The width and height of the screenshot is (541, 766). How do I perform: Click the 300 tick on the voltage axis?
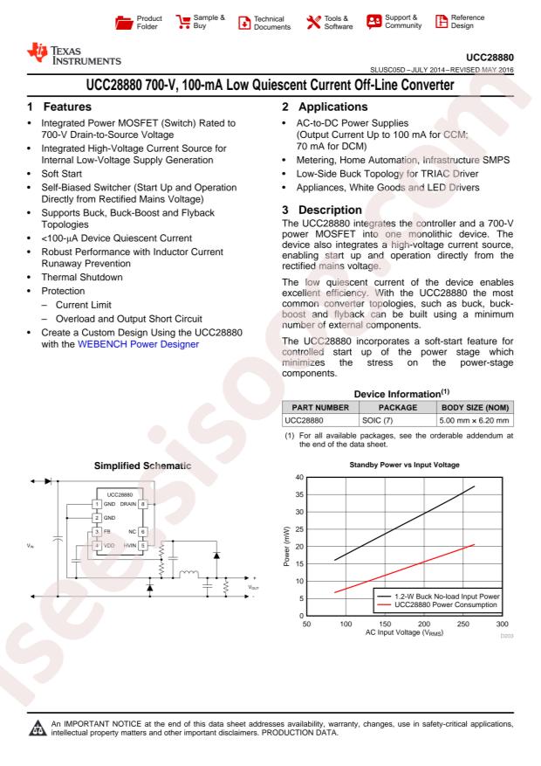click(502, 624)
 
